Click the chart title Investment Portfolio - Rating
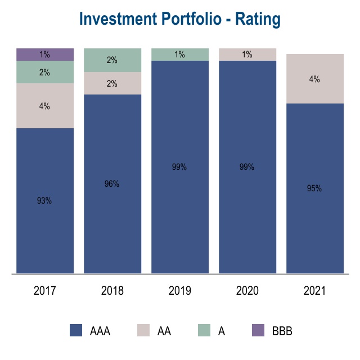[180, 19]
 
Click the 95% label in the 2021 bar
[314, 188]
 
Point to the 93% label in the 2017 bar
[44, 201]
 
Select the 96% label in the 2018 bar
[112, 184]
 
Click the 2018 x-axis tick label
[112, 291]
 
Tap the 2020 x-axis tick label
[247, 291]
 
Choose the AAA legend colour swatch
[76, 331]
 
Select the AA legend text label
[164, 331]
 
